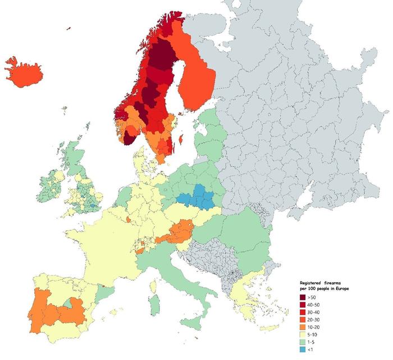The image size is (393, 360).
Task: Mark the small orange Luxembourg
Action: click(x=129, y=220)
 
